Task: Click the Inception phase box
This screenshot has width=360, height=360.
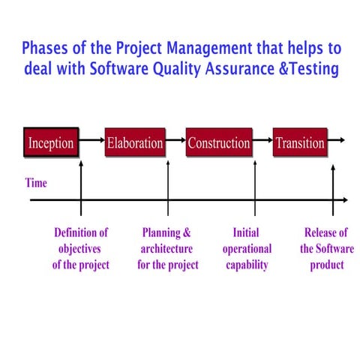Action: pyautogui.click(x=51, y=142)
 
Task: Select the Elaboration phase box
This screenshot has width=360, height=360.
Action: pyautogui.click(x=135, y=142)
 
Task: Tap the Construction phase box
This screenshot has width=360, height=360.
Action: pyautogui.click(x=219, y=142)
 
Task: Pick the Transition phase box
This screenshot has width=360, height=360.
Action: pyautogui.click(x=300, y=142)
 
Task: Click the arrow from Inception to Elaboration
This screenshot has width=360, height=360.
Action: pyautogui.click(x=91, y=139)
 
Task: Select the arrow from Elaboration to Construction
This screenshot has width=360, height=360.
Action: pyautogui.click(x=175, y=139)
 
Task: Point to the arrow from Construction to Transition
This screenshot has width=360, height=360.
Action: pyautogui.click(x=262, y=139)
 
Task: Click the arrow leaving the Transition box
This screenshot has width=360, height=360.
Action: pyautogui.click(x=336, y=139)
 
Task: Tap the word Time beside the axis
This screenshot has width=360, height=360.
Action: pyautogui.click(x=36, y=183)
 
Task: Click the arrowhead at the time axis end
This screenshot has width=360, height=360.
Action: pyautogui.click(x=345, y=199)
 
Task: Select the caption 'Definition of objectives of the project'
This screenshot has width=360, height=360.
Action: pyautogui.click(x=81, y=249)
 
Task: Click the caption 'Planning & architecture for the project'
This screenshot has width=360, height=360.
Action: pyautogui.click(x=168, y=249)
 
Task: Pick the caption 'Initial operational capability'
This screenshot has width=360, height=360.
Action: pyautogui.click(x=247, y=249)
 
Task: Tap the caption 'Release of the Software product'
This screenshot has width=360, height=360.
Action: pyautogui.click(x=327, y=249)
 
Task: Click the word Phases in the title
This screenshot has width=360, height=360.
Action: pyautogui.click(x=45, y=48)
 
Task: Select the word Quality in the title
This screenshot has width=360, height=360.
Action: pyautogui.click(x=177, y=69)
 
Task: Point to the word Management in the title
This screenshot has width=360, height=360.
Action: pyautogui.click(x=209, y=48)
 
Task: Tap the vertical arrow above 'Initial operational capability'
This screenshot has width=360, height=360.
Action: pyautogui.click(x=255, y=188)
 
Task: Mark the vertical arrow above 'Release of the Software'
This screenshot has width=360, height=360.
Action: pyautogui.click(x=333, y=190)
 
